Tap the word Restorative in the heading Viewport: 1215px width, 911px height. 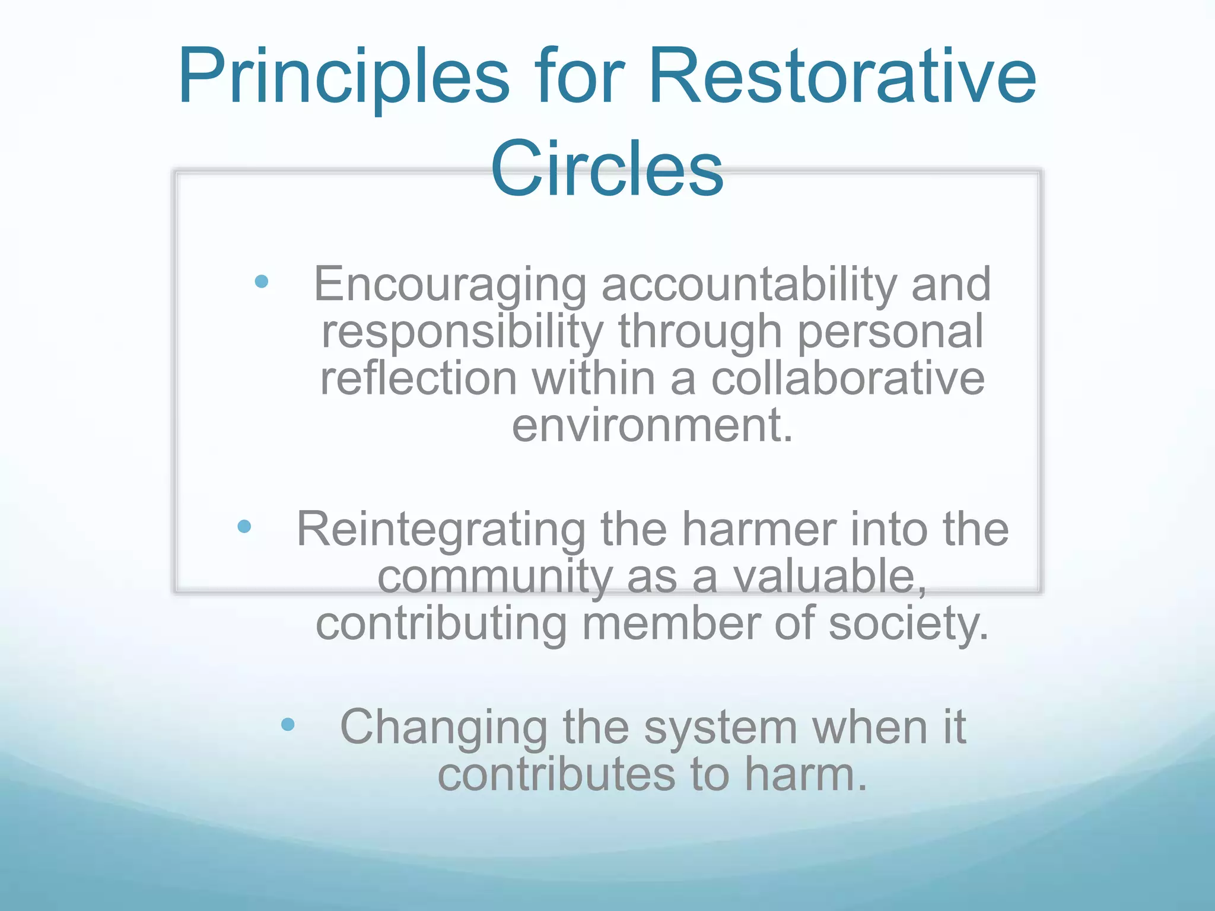click(842, 77)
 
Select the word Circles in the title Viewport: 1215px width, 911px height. click(606, 168)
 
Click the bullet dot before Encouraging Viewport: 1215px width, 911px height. click(261, 281)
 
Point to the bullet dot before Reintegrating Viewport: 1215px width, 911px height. click(244, 526)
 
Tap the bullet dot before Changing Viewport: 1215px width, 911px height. click(288, 724)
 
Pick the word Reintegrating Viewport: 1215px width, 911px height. click(441, 530)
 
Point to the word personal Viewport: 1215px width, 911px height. click(890, 332)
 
